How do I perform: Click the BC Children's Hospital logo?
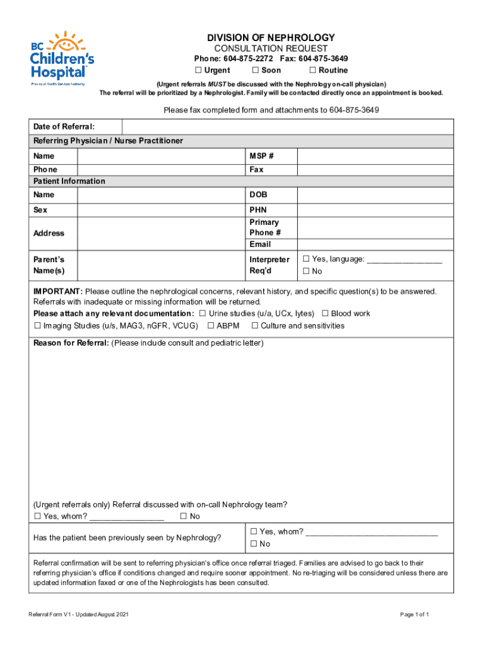click(62, 57)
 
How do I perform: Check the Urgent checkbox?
click(198, 70)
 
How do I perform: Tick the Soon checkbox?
click(256, 70)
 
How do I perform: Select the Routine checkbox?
click(312, 70)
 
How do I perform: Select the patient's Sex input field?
click(161, 209)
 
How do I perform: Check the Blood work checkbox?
click(326, 313)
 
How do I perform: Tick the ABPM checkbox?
click(211, 326)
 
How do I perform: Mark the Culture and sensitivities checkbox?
click(255, 326)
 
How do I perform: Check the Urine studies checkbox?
click(203, 313)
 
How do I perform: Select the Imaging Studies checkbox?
click(37, 326)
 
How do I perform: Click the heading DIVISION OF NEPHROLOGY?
click(271, 38)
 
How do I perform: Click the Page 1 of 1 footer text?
click(415, 615)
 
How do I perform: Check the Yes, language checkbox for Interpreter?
click(306, 259)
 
